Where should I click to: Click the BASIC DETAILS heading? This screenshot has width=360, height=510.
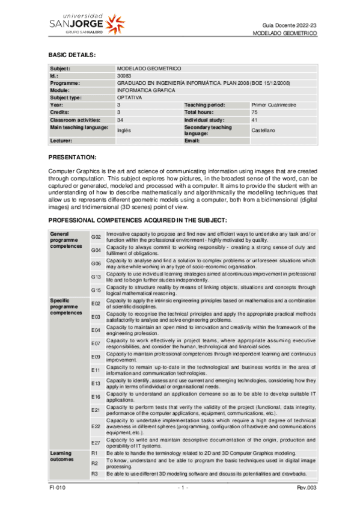coord(72,55)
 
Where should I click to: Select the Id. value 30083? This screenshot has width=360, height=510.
coord(123,76)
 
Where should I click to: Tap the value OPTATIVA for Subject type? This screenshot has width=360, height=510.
coord(129,97)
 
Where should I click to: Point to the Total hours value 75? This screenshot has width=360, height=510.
coord(255,112)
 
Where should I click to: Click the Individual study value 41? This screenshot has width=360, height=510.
coord(255,120)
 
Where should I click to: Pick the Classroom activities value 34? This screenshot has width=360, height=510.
coord(120,120)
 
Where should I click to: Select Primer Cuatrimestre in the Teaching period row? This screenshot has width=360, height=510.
coord(273,105)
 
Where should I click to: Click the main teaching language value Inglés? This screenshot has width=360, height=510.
coord(124,130)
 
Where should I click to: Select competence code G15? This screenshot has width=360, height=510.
coord(96,290)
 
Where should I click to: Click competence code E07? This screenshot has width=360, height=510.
coord(96,343)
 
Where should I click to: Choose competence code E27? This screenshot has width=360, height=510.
coord(96,442)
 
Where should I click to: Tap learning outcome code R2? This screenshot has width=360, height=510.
coord(94,463)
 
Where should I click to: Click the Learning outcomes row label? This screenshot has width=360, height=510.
coord(61,455)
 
